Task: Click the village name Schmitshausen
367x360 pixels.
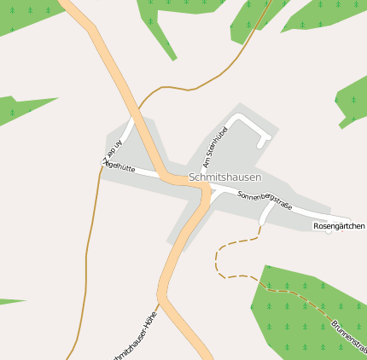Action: (224, 177)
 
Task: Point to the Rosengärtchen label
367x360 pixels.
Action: (339, 226)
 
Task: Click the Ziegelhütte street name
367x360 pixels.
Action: (119, 165)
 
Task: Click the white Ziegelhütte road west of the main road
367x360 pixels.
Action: (145, 173)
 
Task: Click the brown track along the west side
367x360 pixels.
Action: (88, 256)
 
